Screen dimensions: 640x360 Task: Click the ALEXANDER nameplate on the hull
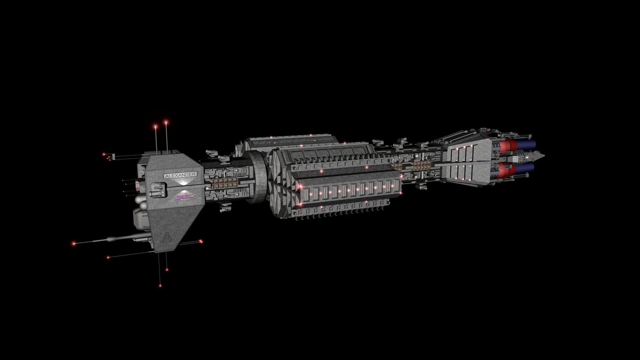click(x=180, y=175)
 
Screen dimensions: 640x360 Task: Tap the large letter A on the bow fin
click(x=167, y=237)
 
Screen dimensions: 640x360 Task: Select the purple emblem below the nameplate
click(x=185, y=197)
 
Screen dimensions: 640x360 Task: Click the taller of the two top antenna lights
click(x=166, y=123)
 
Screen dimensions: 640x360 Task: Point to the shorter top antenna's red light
click(x=155, y=126)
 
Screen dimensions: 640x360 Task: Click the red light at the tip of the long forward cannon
click(x=74, y=244)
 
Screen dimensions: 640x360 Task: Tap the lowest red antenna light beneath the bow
click(x=160, y=285)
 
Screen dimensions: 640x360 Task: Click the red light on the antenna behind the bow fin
click(x=201, y=242)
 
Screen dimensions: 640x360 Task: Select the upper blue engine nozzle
click(x=525, y=145)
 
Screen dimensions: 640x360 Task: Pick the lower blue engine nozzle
click(x=525, y=167)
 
